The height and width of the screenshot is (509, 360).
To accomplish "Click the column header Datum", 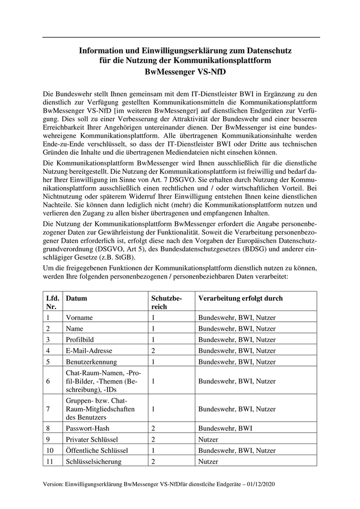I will [77, 298].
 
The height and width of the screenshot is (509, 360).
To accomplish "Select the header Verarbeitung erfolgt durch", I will [240, 298].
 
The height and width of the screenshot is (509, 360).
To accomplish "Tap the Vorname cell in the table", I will [79, 318].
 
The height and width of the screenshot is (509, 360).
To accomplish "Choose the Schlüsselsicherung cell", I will [94, 461].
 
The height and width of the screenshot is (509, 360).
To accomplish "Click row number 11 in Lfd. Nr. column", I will [50, 461].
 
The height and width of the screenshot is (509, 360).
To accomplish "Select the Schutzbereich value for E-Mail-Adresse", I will [153, 350].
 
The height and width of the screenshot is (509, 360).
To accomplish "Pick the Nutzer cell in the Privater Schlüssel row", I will [208, 440].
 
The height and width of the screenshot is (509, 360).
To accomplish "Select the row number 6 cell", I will [48, 381].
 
